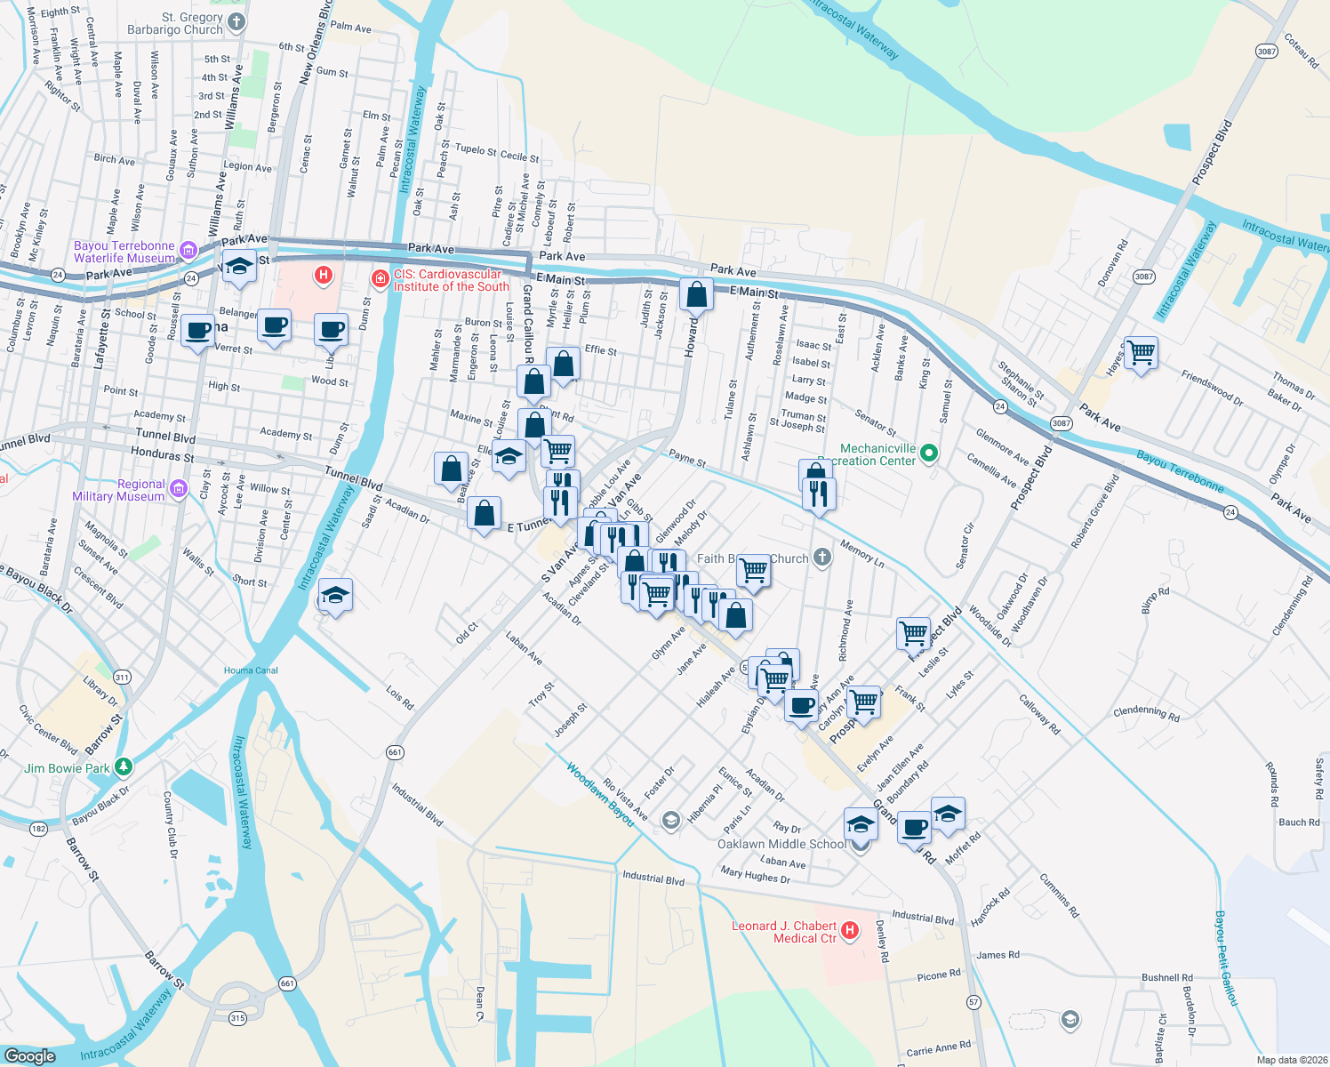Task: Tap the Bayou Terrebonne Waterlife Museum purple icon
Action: (188, 251)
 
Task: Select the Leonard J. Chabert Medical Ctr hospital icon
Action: (850, 931)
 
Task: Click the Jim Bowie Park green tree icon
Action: (124, 766)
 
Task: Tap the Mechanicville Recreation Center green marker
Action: (929, 453)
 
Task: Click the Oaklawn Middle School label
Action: (781, 844)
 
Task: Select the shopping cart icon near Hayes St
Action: (1141, 352)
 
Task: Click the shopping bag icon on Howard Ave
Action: (697, 293)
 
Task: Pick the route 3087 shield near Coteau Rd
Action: (1267, 52)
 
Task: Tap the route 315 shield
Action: (237, 1018)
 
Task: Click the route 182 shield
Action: (38, 829)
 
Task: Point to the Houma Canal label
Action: (251, 670)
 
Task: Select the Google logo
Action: (30, 1055)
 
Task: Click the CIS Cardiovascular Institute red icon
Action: (381, 280)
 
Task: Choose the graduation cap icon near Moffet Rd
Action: (948, 813)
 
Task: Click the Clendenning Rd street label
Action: (1146, 712)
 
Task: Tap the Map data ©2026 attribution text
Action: (1288, 1059)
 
